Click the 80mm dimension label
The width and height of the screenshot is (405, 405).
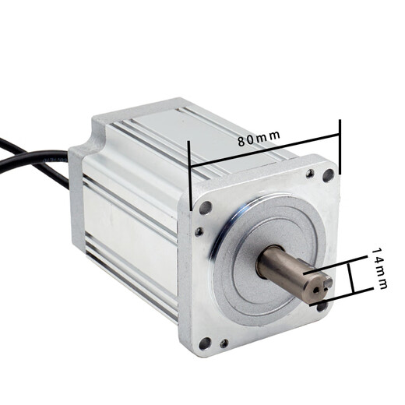click(258, 139)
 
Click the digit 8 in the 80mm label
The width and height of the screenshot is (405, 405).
click(241, 143)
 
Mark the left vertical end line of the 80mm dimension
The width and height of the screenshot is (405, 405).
click(190, 175)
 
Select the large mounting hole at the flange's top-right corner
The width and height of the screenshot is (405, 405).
click(328, 175)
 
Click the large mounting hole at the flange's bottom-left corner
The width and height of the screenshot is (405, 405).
click(205, 342)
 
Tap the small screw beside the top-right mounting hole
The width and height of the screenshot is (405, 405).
click(311, 173)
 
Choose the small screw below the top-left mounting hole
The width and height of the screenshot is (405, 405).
click(199, 231)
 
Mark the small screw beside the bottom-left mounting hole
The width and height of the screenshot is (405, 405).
click(224, 343)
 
